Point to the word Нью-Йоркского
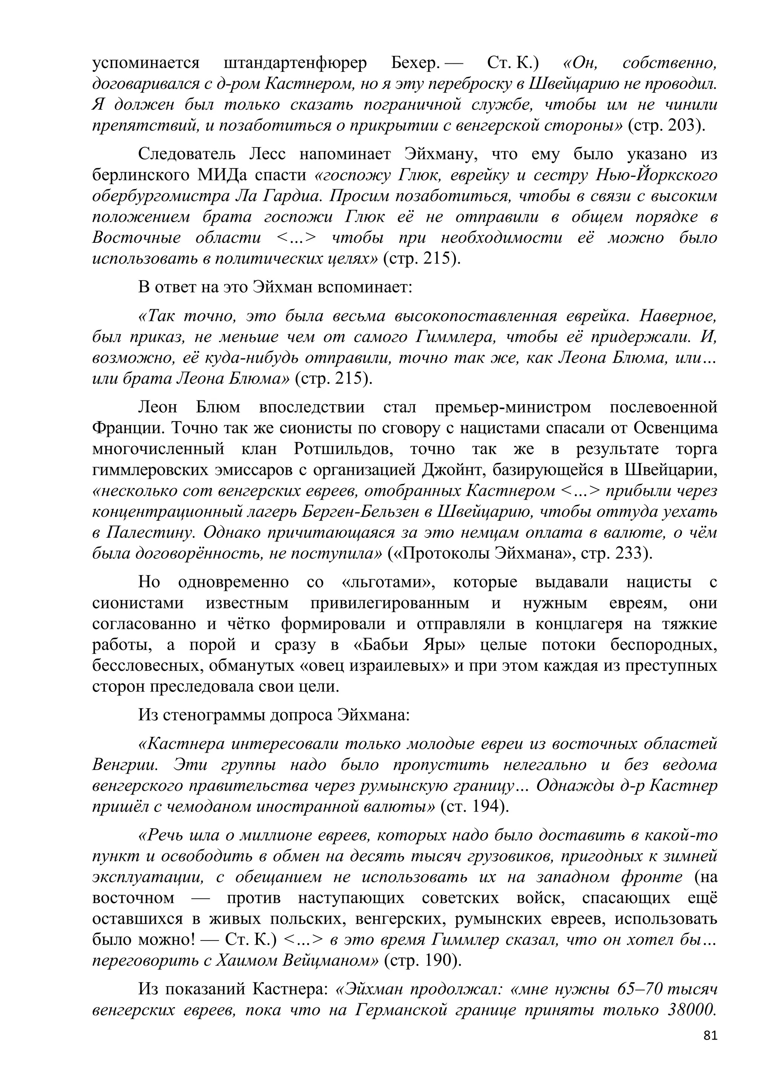pyautogui.click(x=656, y=175)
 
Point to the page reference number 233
pyautogui.click(x=631, y=554)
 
